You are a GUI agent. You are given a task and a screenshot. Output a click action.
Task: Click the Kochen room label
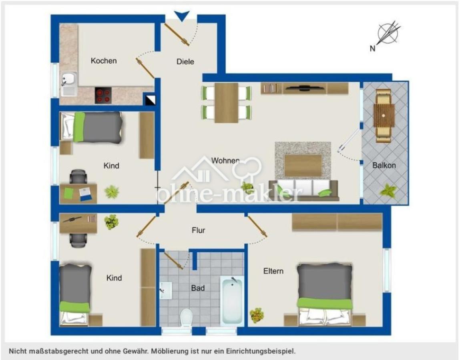(104, 61)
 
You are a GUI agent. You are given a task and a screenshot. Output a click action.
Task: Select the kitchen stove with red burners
(103, 96)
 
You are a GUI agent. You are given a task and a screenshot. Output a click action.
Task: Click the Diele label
(185, 62)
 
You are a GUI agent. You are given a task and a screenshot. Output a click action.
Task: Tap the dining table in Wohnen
(226, 103)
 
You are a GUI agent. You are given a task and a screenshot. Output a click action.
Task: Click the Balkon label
(384, 165)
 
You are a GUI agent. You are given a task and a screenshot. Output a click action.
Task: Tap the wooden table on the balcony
(384, 116)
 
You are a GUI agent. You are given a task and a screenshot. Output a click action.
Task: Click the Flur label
(198, 230)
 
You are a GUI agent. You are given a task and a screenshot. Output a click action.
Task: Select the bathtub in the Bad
(232, 300)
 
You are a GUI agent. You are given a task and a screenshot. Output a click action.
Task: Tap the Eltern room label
(273, 271)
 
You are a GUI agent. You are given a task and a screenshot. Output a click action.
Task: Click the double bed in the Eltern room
(325, 294)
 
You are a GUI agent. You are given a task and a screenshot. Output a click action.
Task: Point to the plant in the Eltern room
(257, 315)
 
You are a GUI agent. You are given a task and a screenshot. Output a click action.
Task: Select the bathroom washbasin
(166, 290)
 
